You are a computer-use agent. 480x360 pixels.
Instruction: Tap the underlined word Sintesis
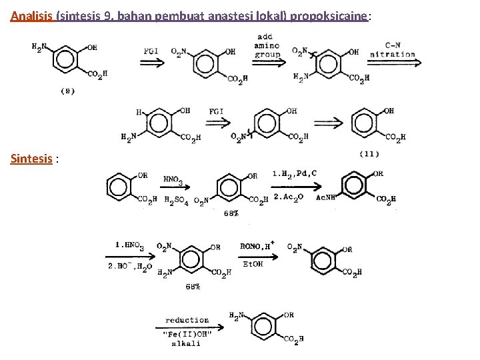coord(31,159)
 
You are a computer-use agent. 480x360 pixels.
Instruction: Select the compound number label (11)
coord(369,154)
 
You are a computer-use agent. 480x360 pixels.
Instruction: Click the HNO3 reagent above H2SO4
coord(172,179)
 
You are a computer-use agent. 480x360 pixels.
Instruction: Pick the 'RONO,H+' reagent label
coord(258,245)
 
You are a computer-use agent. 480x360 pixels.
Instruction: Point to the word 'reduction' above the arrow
coord(187,321)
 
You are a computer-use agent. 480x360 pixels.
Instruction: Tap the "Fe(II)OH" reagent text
coord(187,333)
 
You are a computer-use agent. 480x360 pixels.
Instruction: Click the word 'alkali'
coord(186,343)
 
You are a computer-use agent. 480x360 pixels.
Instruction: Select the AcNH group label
coord(325,199)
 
